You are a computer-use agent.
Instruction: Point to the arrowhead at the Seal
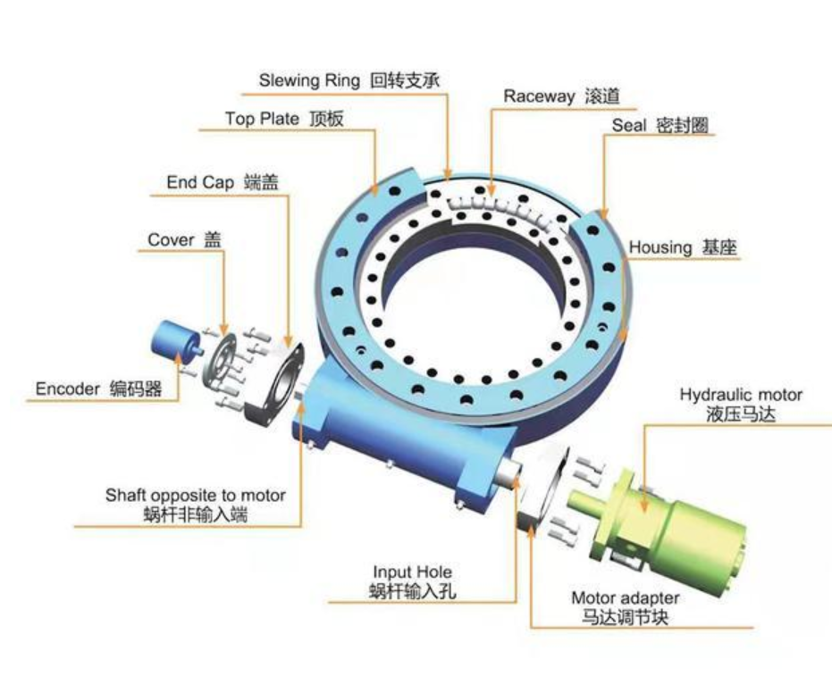[604, 213]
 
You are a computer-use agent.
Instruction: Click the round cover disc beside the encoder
[219, 361]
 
